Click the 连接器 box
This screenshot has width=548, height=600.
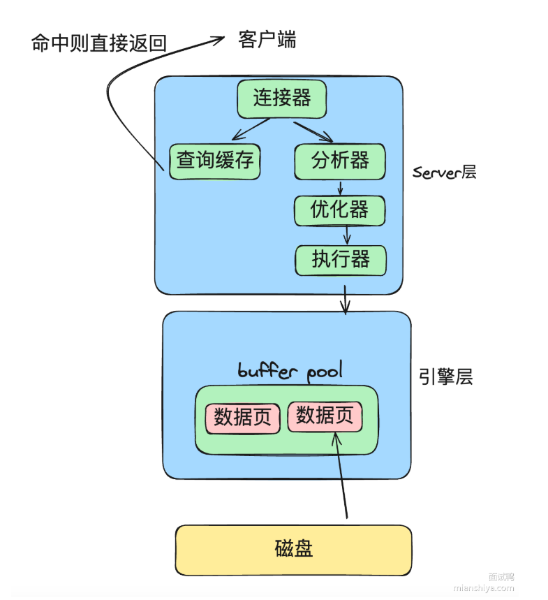[x=281, y=98]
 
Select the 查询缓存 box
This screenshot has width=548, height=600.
[x=214, y=161]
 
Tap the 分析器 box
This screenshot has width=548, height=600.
[x=340, y=161]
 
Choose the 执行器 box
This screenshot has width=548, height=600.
[x=341, y=260]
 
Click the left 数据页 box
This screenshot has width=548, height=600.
[x=242, y=418]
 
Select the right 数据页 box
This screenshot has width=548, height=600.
[x=325, y=416]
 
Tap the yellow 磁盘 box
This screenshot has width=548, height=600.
[x=293, y=550]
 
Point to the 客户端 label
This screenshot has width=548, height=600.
[x=267, y=40]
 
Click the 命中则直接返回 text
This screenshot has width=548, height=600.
[x=99, y=43]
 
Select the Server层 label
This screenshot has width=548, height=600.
[x=444, y=172]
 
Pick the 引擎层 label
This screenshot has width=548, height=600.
[x=445, y=377]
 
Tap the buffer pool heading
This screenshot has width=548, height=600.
[x=290, y=370]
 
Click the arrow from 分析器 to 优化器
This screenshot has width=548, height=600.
[x=341, y=187]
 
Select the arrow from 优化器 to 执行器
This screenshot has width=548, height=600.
[x=346, y=235]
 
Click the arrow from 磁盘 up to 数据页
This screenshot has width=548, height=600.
[x=342, y=475]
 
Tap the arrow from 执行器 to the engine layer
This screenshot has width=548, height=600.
[x=344, y=299]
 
